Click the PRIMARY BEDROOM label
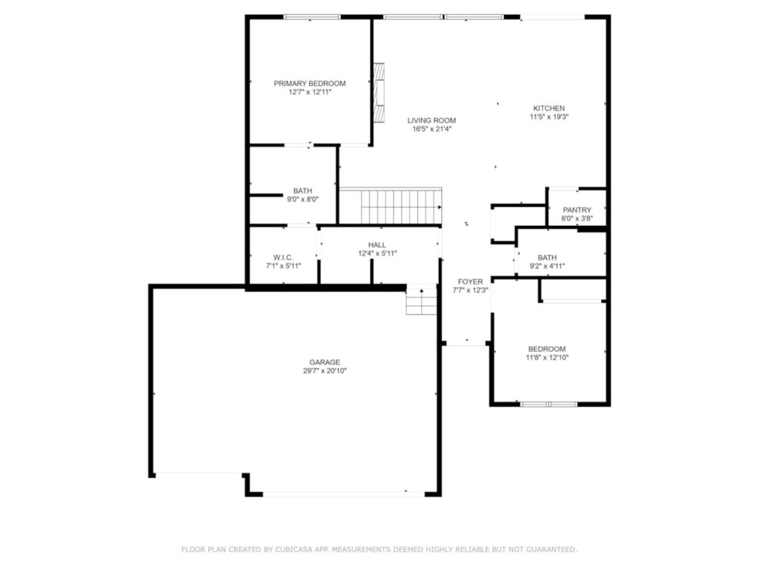(310, 84)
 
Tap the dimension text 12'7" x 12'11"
(310, 93)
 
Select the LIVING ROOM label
(431, 120)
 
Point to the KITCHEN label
(548, 108)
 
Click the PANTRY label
(577, 210)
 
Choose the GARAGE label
(325, 362)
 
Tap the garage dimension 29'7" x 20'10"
(325, 371)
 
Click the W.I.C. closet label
(283, 257)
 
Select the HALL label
(377, 244)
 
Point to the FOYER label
(470, 282)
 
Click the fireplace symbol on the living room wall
(379, 93)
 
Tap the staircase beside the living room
(391, 206)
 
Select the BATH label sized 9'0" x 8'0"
(302, 190)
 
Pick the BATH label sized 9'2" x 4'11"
(547, 257)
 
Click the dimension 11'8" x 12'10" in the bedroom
(547, 358)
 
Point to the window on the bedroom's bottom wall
(548, 405)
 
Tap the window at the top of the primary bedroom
(312, 16)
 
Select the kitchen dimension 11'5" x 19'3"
(548, 117)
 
